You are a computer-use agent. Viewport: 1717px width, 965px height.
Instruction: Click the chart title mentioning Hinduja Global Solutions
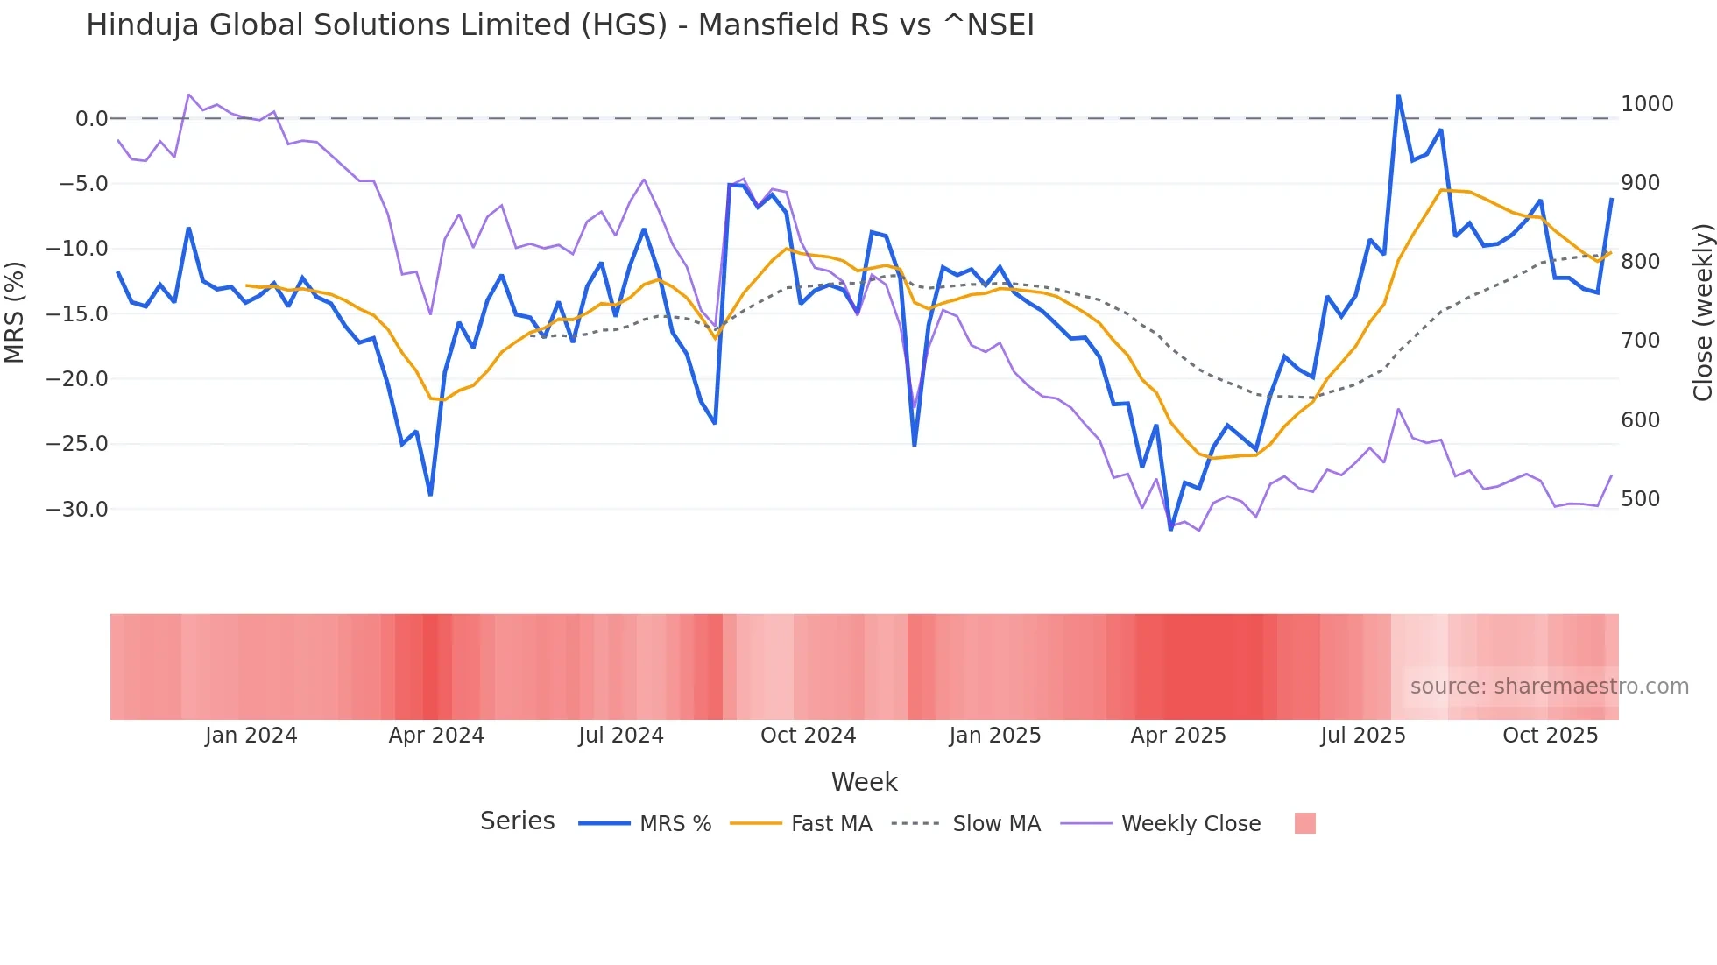560,25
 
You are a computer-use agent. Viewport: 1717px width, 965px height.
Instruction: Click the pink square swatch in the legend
1304,823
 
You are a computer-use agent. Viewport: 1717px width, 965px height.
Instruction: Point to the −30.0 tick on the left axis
77,510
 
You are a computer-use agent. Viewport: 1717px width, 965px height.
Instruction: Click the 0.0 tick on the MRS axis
91,119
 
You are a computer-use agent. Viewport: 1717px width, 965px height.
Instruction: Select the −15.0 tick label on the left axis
77,314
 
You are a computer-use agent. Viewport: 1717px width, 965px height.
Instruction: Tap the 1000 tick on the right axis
1647,104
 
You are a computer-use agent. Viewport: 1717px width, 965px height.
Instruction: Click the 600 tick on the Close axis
1641,420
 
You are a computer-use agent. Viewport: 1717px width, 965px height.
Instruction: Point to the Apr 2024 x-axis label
436,736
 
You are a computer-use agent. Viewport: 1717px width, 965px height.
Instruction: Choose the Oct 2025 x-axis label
1550,736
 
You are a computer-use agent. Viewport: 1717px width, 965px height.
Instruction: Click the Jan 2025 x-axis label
994,736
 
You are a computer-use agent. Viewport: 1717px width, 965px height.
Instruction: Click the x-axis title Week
864,782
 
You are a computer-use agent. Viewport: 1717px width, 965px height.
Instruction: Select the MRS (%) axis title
15,313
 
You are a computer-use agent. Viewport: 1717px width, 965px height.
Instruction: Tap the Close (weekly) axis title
1702,313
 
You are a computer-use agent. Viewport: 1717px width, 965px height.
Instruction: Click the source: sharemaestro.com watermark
1549,687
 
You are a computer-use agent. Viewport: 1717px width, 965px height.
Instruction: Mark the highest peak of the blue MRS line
1398,95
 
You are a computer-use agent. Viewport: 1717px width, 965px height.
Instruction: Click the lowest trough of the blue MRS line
1170,529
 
